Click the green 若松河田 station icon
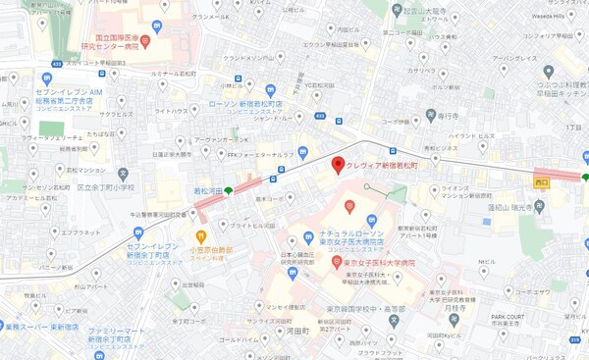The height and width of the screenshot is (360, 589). [229, 190]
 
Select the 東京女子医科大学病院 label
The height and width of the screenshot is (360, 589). [379, 263]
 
